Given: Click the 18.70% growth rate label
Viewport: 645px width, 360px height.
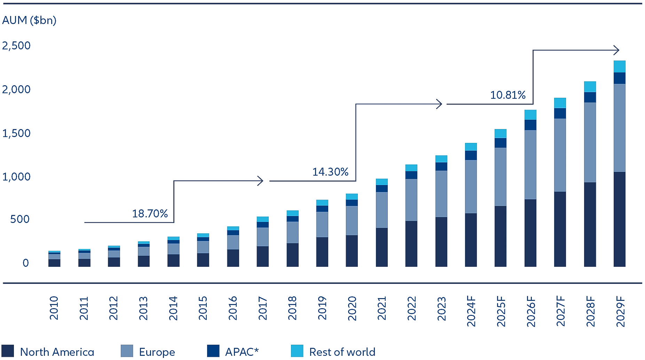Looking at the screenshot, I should pyautogui.click(x=150, y=214).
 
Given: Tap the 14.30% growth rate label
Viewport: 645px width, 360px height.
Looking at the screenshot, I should pyautogui.click(x=330, y=172).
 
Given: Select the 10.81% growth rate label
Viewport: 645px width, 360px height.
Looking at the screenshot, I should pyautogui.click(x=508, y=95).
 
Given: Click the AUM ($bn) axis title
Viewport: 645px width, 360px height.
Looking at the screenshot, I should pyautogui.click(x=29, y=20).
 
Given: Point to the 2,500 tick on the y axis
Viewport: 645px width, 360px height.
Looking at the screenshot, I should pyautogui.click(x=16, y=46).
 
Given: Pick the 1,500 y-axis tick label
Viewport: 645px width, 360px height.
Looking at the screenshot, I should pyautogui.click(x=16, y=133).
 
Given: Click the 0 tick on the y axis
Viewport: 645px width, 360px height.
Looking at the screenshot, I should pyautogui.click(x=25, y=263).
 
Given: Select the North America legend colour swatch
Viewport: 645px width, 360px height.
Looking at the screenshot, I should pyautogui.click(x=8, y=351).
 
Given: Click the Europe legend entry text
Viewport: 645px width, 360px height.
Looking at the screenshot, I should pyautogui.click(x=157, y=352).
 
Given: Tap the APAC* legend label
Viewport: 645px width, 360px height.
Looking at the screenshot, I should pyautogui.click(x=242, y=352).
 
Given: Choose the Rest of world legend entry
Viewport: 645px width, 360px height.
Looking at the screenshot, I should pyautogui.click(x=342, y=352).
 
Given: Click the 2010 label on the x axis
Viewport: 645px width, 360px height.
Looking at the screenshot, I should pyautogui.click(x=54, y=308).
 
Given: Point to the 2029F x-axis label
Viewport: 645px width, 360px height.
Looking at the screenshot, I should pyautogui.click(x=620, y=311).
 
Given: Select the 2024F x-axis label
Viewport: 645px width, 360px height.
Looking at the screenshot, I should pyautogui.click(x=471, y=311).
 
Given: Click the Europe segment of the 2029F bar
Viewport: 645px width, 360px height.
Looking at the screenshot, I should pyautogui.click(x=619, y=128).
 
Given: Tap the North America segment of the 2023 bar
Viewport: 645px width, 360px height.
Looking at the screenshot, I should pyautogui.click(x=441, y=242).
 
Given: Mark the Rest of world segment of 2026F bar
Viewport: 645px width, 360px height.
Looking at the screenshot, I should pyautogui.click(x=530, y=115).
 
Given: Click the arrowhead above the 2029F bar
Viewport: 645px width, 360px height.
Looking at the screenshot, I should pyautogui.click(x=616, y=50).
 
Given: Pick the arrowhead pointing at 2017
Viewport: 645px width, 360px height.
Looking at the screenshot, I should pyautogui.click(x=260, y=181).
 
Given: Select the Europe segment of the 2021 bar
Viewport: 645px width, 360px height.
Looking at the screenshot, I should pyautogui.click(x=382, y=210).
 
